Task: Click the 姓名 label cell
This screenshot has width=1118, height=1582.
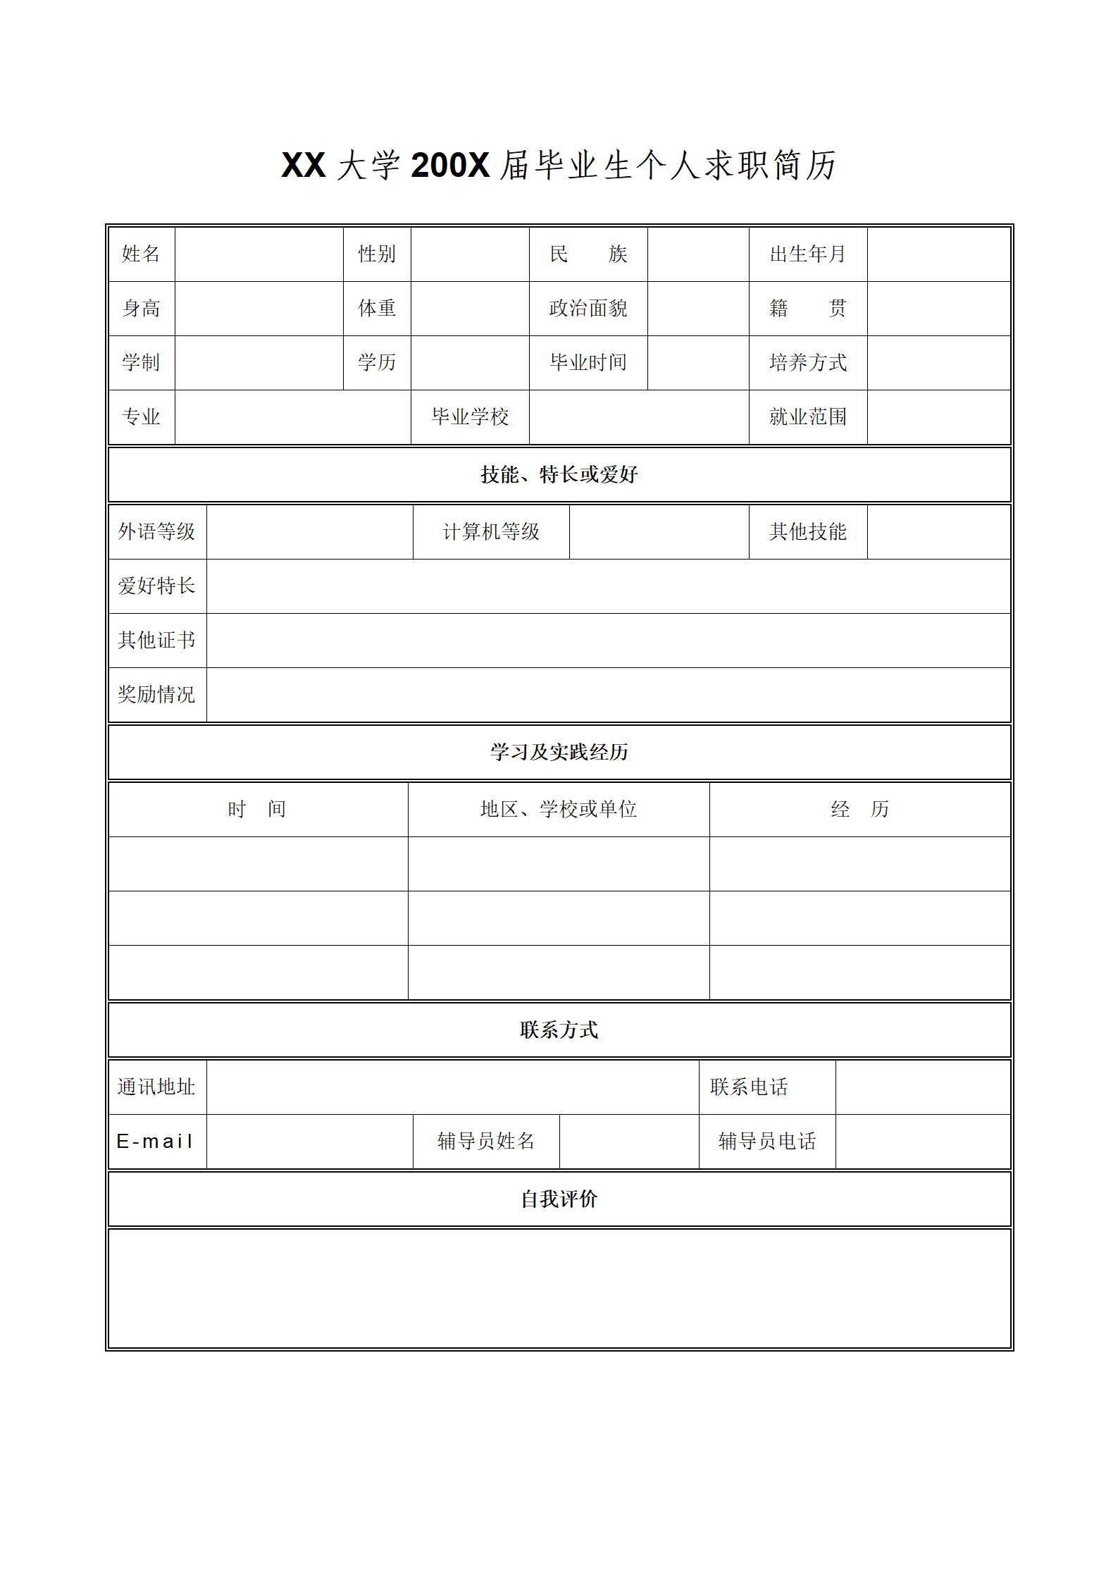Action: pos(141,254)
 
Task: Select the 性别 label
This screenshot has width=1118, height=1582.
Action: pos(377,254)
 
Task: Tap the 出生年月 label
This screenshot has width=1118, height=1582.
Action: pos(807,254)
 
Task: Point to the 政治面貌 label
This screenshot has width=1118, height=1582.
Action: pos(588,308)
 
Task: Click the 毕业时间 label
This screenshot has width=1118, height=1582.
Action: pos(588,362)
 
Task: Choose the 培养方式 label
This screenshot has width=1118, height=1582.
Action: pos(807,362)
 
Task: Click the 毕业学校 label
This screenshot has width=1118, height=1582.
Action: pos(470,416)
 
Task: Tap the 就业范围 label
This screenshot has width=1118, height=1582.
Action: pos(807,416)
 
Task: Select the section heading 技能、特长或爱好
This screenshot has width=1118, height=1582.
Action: pos(559,474)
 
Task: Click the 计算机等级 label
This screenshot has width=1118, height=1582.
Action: pos(490,531)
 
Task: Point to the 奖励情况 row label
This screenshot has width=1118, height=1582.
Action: pos(156,694)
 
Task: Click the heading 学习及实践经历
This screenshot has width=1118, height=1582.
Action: pos(559,752)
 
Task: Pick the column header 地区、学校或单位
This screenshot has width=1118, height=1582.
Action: pos(558,809)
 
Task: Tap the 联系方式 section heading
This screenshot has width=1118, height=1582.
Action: pos(559,1030)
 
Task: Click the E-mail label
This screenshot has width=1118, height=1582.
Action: pos(155,1141)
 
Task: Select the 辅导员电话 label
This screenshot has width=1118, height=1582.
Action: pos(766,1141)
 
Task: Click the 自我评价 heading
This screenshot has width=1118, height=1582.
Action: pos(559,1199)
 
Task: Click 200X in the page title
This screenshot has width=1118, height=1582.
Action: pos(449,166)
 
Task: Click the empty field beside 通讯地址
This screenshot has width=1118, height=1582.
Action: pos(452,1087)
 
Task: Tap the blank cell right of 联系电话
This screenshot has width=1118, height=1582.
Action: pos(923,1087)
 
